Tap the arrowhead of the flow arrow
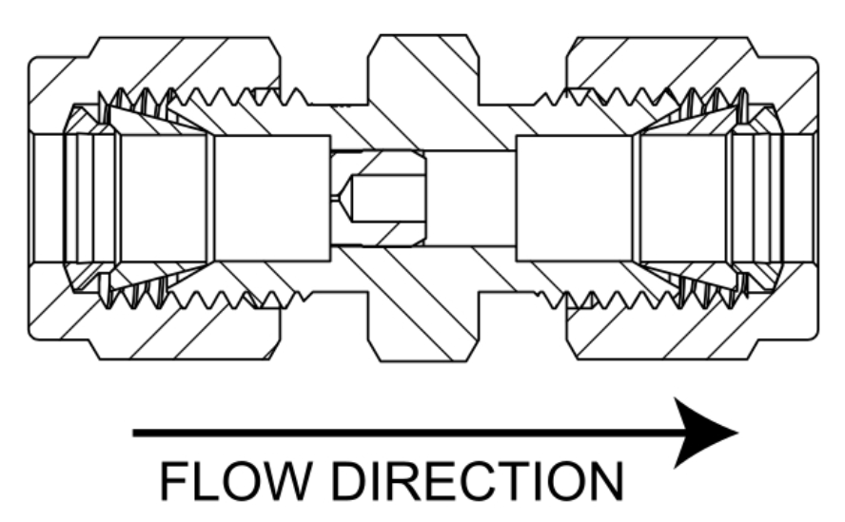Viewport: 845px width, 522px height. [x=704, y=433]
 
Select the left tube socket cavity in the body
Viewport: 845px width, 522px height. [x=272, y=199]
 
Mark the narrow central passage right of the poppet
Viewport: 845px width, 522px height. [x=471, y=199]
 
